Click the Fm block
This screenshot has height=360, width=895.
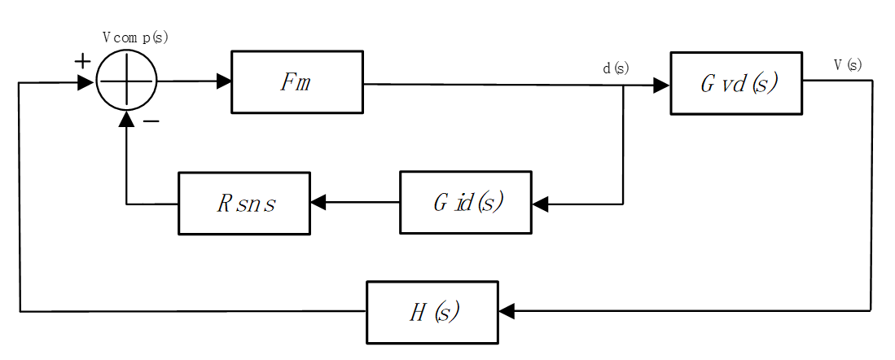point(297,81)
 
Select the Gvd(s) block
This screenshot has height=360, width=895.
point(736,83)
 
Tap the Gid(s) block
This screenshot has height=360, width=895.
point(465,202)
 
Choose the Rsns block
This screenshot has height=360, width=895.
point(244,204)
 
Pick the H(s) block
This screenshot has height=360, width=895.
point(432,312)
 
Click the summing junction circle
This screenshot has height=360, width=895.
point(126,81)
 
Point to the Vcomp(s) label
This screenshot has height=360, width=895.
point(135,38)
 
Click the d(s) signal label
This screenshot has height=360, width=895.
point(616,68)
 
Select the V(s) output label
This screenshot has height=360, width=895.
point(847,65)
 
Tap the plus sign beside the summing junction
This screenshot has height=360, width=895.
point(82,61)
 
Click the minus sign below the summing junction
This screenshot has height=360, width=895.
point(151,121)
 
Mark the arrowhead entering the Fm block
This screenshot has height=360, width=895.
point(223,81)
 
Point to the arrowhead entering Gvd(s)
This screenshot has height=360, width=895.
point(661,84)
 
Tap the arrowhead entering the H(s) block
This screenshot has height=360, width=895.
point(507,311)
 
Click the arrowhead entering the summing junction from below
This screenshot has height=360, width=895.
point(126,120)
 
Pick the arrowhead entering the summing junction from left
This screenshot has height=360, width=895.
point(86,82)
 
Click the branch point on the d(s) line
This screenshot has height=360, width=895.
point(624,84)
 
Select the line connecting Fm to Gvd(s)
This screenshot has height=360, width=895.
point(489,83)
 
